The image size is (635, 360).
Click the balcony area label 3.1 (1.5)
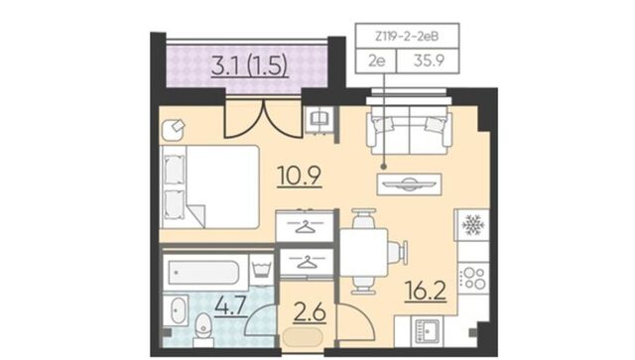coord(249,65)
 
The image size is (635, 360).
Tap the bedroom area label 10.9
coord(300,177)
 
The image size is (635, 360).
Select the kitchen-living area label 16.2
coord(426,291)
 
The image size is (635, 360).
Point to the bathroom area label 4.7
coord(230,305)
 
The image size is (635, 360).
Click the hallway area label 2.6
coord(310,313)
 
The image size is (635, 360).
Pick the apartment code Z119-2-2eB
coord(407,37)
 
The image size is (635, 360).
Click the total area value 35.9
coord(429,60)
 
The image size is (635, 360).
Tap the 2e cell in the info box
coord(376,60)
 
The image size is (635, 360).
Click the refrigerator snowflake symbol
coord(471,225)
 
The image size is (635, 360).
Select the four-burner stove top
coord(473,278)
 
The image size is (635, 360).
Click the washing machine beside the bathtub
coord(262,267)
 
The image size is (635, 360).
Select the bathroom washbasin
coord(177,310)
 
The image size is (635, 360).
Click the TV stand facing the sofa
coord(409,184)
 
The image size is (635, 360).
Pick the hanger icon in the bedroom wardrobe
coord(305,227)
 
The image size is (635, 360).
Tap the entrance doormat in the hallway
coord(303,337)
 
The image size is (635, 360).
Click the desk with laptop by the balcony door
coord(319,119)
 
